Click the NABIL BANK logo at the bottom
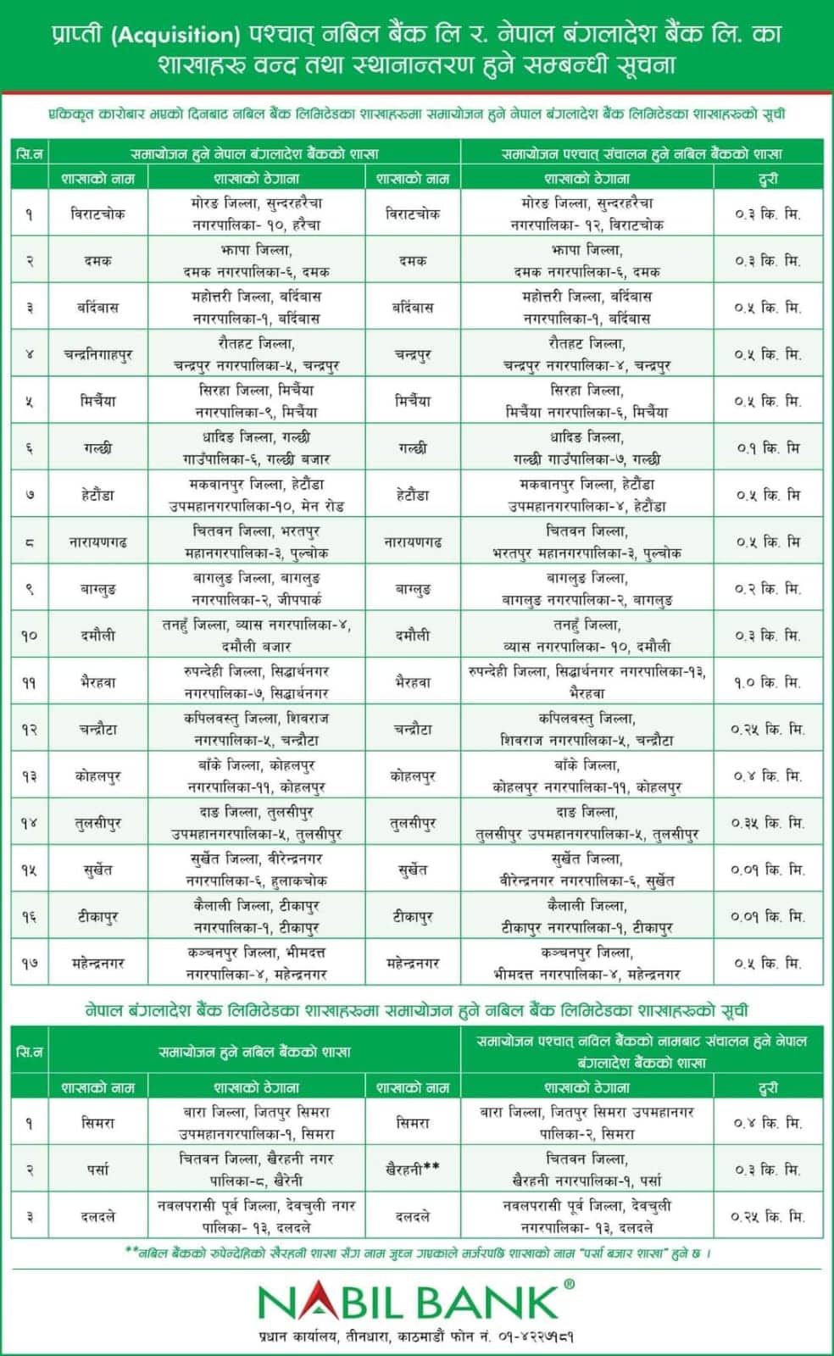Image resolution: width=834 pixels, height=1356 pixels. (407, 1302)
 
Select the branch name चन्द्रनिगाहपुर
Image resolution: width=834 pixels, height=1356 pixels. (97, 354)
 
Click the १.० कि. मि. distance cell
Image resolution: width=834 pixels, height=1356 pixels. (768, 682)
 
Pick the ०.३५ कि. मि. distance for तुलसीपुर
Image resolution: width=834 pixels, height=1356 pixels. (768, 823)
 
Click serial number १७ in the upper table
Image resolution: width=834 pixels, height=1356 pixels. (30, 964)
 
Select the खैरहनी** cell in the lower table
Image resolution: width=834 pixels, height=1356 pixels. (413, 1170)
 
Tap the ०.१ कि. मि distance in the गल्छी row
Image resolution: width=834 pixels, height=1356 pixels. (768, 448)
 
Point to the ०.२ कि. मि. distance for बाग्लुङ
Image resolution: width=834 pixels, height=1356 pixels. (768, 589)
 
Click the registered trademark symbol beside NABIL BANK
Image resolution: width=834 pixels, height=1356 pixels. (569, 1285)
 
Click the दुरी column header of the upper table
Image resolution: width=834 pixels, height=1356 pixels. (768, 178)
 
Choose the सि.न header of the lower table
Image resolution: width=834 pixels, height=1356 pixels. (30, 1052)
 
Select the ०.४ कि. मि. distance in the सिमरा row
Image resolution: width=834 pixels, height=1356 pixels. (768, 1123)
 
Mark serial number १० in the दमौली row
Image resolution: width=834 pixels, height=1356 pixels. (30, 636)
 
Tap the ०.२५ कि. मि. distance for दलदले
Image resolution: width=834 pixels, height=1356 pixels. (768, 1217)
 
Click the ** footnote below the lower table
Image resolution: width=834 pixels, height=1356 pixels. (131, 1251)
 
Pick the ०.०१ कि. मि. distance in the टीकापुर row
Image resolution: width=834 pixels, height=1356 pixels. (768, 917)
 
